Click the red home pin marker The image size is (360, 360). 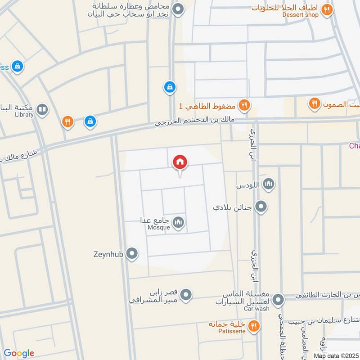[180, 162]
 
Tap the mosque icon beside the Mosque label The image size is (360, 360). [179, 222]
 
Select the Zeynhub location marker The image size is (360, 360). [132, 254]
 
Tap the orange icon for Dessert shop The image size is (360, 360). [328, 9]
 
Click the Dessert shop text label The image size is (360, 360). [300, 15]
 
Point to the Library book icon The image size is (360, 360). [42, 109]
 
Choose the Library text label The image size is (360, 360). [24, 115]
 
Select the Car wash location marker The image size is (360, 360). [279, 299]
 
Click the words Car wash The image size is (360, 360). [256, 309]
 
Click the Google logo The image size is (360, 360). [19, 353]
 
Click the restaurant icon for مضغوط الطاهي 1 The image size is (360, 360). [244, 105]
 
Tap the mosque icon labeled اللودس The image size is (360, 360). [269, 184]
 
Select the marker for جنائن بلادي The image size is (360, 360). [261, 207]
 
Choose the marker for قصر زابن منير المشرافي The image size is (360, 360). [186, 295]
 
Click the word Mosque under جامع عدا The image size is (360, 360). [159, 228]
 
